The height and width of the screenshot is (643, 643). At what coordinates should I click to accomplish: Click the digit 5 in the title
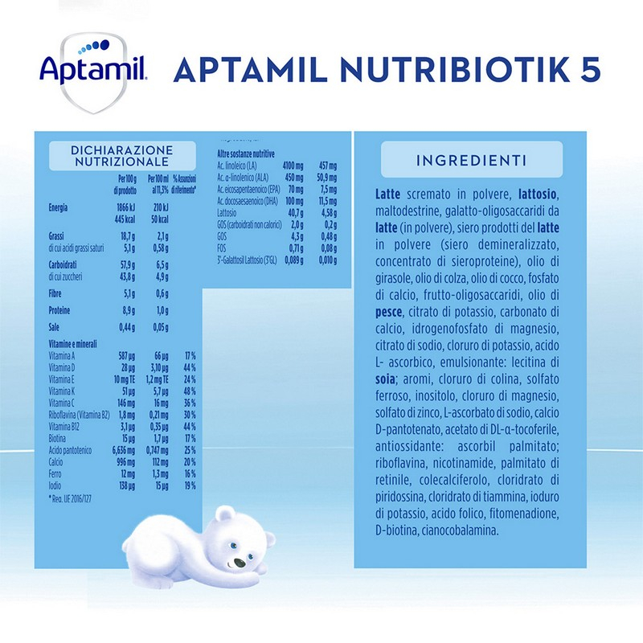click(x=590, y=70)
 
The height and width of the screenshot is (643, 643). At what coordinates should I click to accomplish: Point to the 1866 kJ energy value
click(x=125, y=208)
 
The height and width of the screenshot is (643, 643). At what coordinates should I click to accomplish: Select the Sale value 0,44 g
click(x=125, y=328)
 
